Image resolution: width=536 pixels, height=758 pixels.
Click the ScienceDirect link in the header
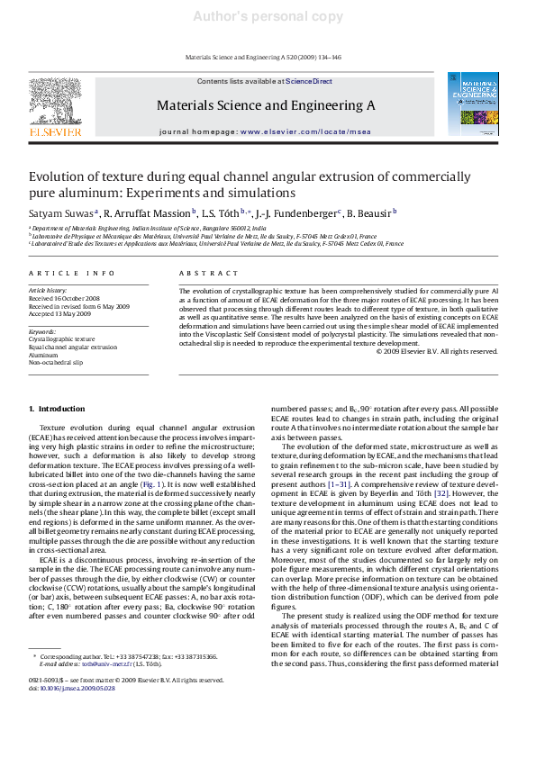(309, 81)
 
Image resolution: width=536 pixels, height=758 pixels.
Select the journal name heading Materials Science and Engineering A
(266, 105)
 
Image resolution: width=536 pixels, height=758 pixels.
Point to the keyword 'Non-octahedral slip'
(56, 362)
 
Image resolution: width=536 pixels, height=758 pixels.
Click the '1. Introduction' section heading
(58, 410)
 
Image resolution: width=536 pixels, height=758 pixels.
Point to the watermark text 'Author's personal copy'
(268, 16)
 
